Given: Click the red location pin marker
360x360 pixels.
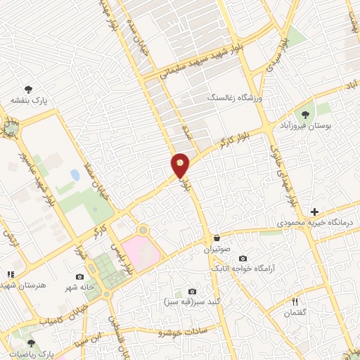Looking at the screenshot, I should pyautogui.click(x=181, y=165).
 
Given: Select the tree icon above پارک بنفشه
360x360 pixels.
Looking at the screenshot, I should pyautogui.click(x=28, y=89).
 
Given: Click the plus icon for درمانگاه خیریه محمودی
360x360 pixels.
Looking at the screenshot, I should pyautogui.click(x=314, y=211).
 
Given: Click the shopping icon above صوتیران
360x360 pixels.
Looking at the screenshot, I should pyautogui.click(x=216, y=238).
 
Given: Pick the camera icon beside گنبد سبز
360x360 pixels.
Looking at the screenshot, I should pyautogui.click(x=192, y=291).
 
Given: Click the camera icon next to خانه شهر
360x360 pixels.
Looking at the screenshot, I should pyautogui.click(x=79, y=276).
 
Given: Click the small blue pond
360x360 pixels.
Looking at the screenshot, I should pyautogui.click(x=75, y=175).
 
